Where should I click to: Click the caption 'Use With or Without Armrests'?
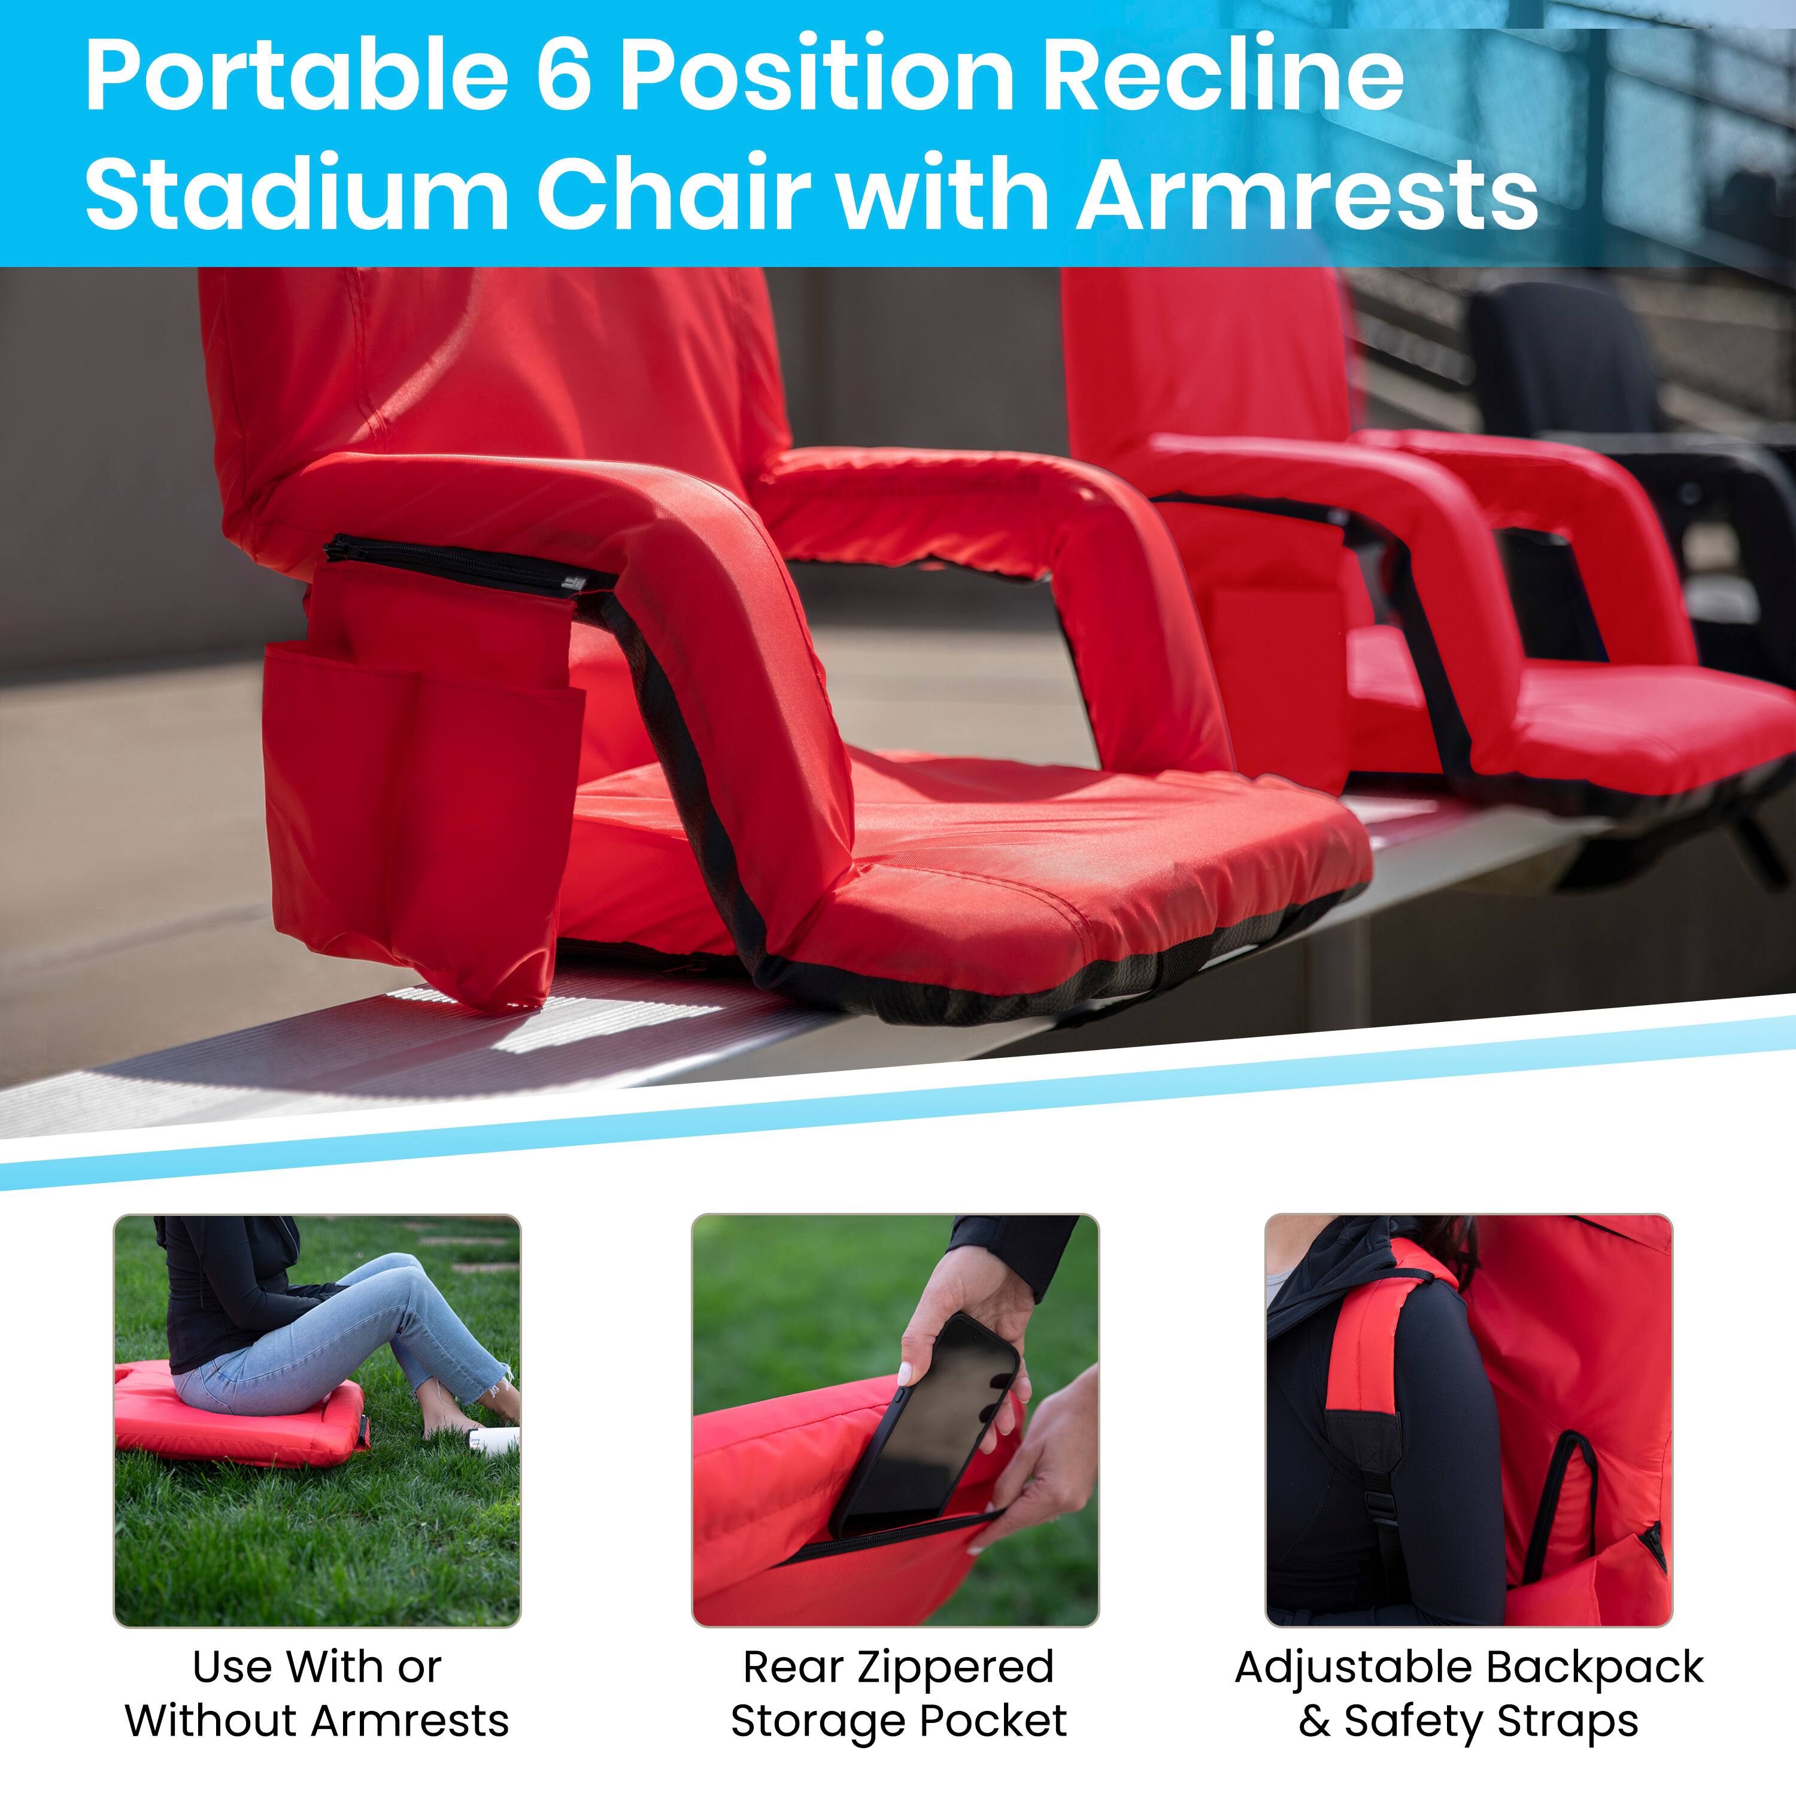tap(317, 1694)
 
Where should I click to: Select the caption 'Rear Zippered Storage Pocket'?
tap(898, 1694)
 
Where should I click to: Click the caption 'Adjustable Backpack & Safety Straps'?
tap(1469, 1694)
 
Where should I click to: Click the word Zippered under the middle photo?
tap(955, 1667)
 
